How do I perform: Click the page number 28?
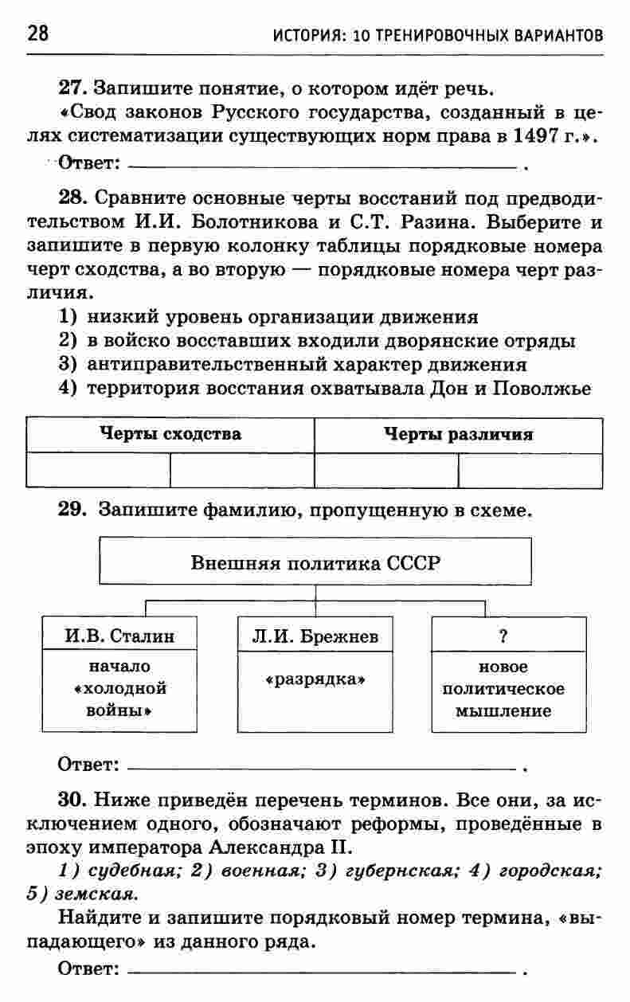37,33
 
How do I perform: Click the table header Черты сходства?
170,435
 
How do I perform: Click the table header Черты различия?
458,435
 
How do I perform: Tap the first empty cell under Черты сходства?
98,471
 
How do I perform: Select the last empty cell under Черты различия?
530,471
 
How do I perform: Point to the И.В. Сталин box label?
119,636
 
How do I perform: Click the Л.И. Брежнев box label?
315,636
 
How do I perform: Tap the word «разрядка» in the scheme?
315,681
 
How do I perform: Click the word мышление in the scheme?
503,711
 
